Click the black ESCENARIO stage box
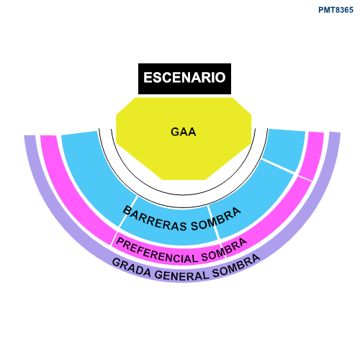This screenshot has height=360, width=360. pos(184,78)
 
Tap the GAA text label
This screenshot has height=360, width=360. pos(184,132)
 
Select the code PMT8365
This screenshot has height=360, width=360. pos(336,10)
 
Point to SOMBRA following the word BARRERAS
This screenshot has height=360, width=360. pos(216,219)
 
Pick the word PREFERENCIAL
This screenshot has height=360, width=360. pos(157,251)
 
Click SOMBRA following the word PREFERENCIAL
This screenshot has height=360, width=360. pos(224,250)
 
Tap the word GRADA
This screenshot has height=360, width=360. pos(132,268)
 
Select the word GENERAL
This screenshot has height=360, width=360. pos(181,276)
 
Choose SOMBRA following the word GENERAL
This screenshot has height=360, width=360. pos(236,266)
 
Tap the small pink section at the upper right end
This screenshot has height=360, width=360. pos(312,156)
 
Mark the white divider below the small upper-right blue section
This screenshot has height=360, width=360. pos(278,166)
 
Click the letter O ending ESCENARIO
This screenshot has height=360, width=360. pos(221,78)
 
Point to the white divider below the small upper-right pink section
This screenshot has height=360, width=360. pos(305,179)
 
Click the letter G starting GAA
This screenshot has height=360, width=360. pos(175,132)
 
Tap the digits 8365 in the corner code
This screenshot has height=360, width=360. pos(345,10)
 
